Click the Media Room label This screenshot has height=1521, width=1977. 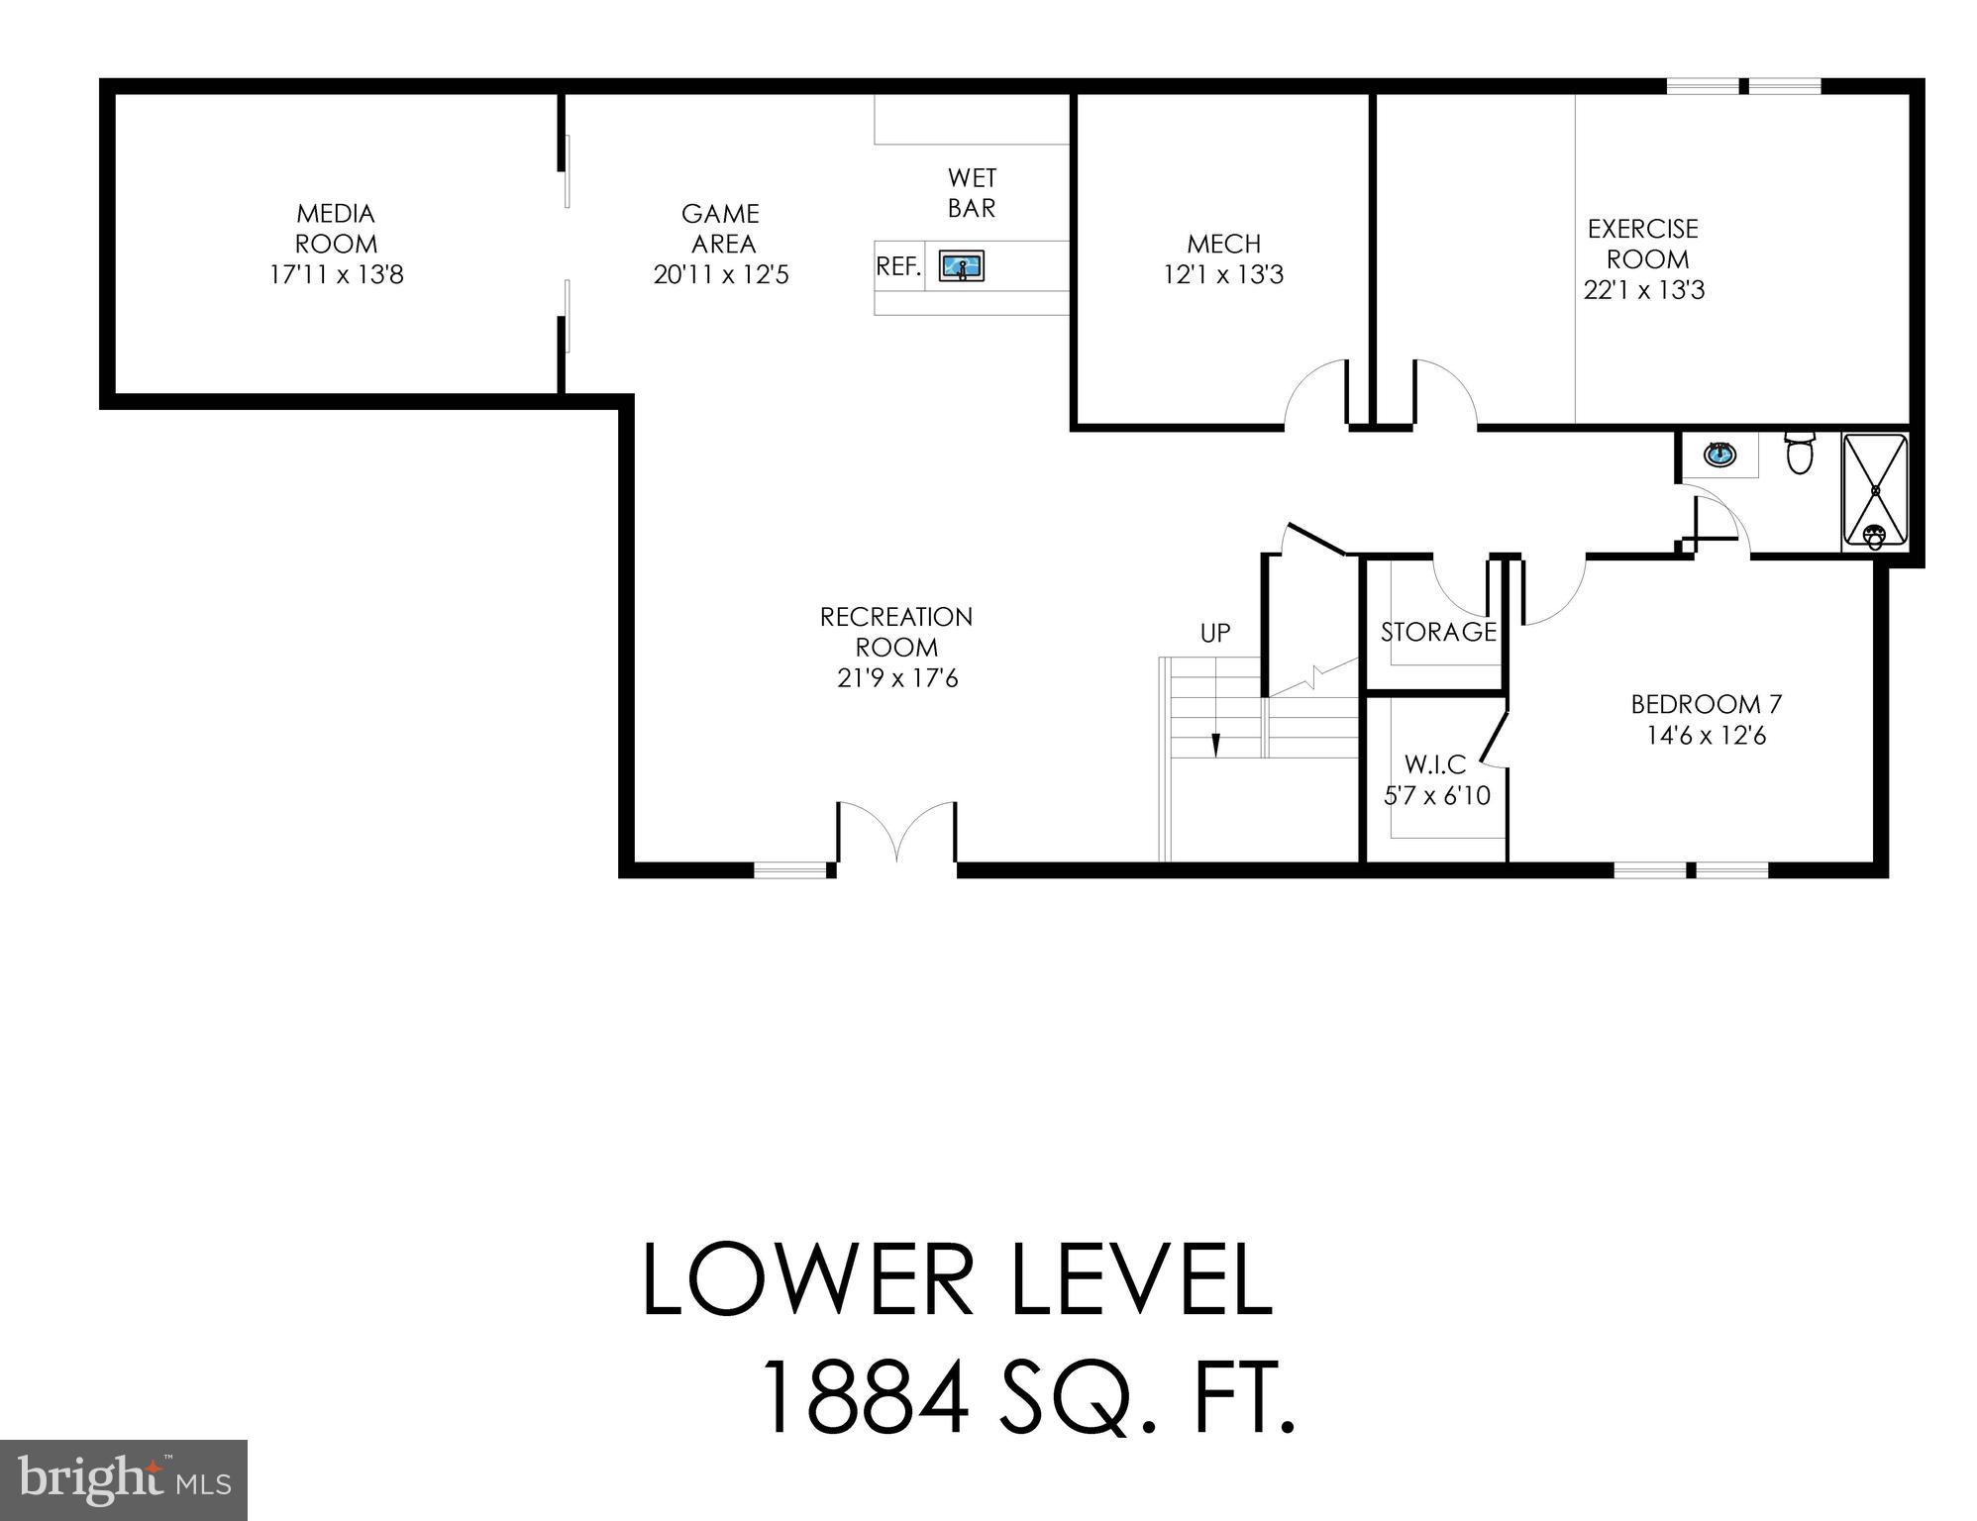336,229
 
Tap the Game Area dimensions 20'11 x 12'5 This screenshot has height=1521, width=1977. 720,274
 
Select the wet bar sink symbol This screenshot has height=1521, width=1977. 961,266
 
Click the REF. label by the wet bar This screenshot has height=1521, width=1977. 898,266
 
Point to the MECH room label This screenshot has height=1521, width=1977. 1223,244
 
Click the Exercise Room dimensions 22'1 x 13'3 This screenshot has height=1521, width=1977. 1644,291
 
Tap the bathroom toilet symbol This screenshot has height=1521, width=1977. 1798,453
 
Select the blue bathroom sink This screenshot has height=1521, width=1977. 1719,455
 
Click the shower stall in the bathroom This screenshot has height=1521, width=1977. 1874,491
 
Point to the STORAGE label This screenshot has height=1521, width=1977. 1438,632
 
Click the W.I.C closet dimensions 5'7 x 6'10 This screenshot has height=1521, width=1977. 1436,796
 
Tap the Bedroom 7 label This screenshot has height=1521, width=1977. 1706,705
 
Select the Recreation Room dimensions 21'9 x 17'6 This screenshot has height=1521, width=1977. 896,679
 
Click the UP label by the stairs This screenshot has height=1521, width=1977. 1215,633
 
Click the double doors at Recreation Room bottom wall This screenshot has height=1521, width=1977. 896,837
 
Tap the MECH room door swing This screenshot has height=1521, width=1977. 1316,396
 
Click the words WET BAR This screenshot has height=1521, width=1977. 972,193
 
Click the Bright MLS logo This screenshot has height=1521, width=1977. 123,1479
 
